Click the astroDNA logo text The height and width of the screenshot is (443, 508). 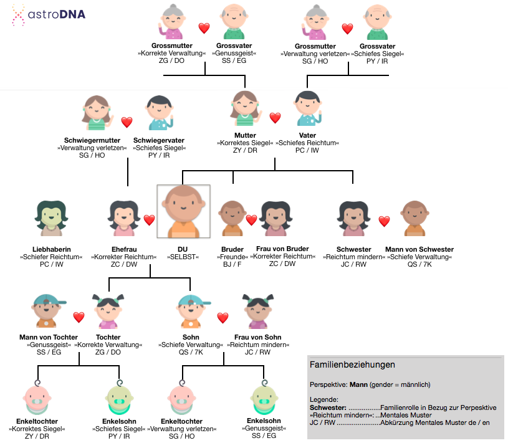56,14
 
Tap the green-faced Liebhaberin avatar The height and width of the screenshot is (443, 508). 51,218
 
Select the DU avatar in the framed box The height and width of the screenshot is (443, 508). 183,211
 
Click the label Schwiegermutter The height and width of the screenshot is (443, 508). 92,140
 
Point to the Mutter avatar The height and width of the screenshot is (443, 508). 245,108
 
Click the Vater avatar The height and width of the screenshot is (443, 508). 307,108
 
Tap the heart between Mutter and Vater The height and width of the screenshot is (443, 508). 275,118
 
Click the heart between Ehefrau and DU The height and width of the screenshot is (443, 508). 149,220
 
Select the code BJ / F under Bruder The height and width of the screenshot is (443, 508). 232,264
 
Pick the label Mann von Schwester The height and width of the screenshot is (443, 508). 419,249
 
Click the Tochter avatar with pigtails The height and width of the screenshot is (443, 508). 108,311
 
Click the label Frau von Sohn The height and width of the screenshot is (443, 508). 258,337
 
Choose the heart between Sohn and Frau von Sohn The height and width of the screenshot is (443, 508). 223,318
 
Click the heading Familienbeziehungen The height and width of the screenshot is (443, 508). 352,364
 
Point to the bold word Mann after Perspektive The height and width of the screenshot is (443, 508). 358,384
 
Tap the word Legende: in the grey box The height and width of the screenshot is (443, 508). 324,399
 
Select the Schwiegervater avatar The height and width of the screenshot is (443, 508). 160,113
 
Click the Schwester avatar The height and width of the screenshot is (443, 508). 353,218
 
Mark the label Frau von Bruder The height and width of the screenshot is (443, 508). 282,249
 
